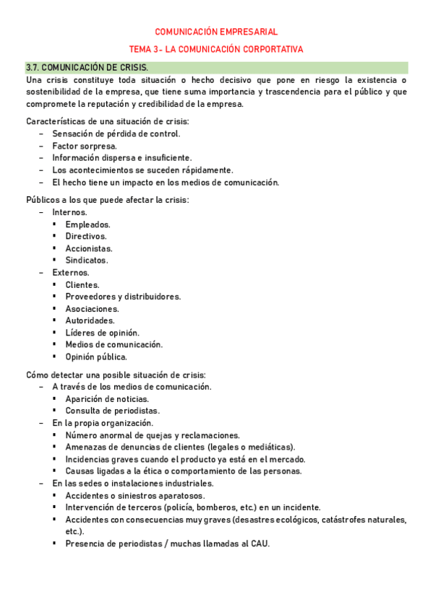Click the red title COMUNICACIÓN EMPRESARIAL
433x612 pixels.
point(216,32)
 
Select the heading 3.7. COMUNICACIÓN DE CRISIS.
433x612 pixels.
point(87,67)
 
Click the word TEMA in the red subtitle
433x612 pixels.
point(141,49)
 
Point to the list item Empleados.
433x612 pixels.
point(87,224)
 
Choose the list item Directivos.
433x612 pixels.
point(86,236)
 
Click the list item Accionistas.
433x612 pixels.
point(89,248)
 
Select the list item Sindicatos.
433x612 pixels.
point(87,260)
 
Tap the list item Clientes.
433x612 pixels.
point(82,284)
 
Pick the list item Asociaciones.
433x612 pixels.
point(92,309)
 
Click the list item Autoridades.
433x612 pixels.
point(90,320)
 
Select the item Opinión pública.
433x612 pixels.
point(96,357)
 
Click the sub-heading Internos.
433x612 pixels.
point(69,212)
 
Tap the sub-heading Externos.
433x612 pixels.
point(71,273)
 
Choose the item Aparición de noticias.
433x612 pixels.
point(107,399)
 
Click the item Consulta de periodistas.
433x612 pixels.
point(112,411)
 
